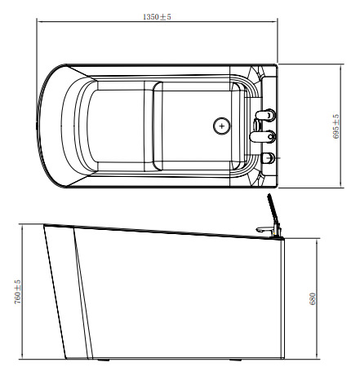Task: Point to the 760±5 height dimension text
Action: coord(17,292)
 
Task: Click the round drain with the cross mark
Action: coord(220,126)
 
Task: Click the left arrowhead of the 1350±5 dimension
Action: coord(38,22)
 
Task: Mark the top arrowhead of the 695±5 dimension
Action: coord(341,65)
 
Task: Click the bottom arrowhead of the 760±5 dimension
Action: coord(22,358)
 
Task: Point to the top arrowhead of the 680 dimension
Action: coord(317,240)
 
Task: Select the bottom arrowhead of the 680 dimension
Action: coord(317,358)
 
